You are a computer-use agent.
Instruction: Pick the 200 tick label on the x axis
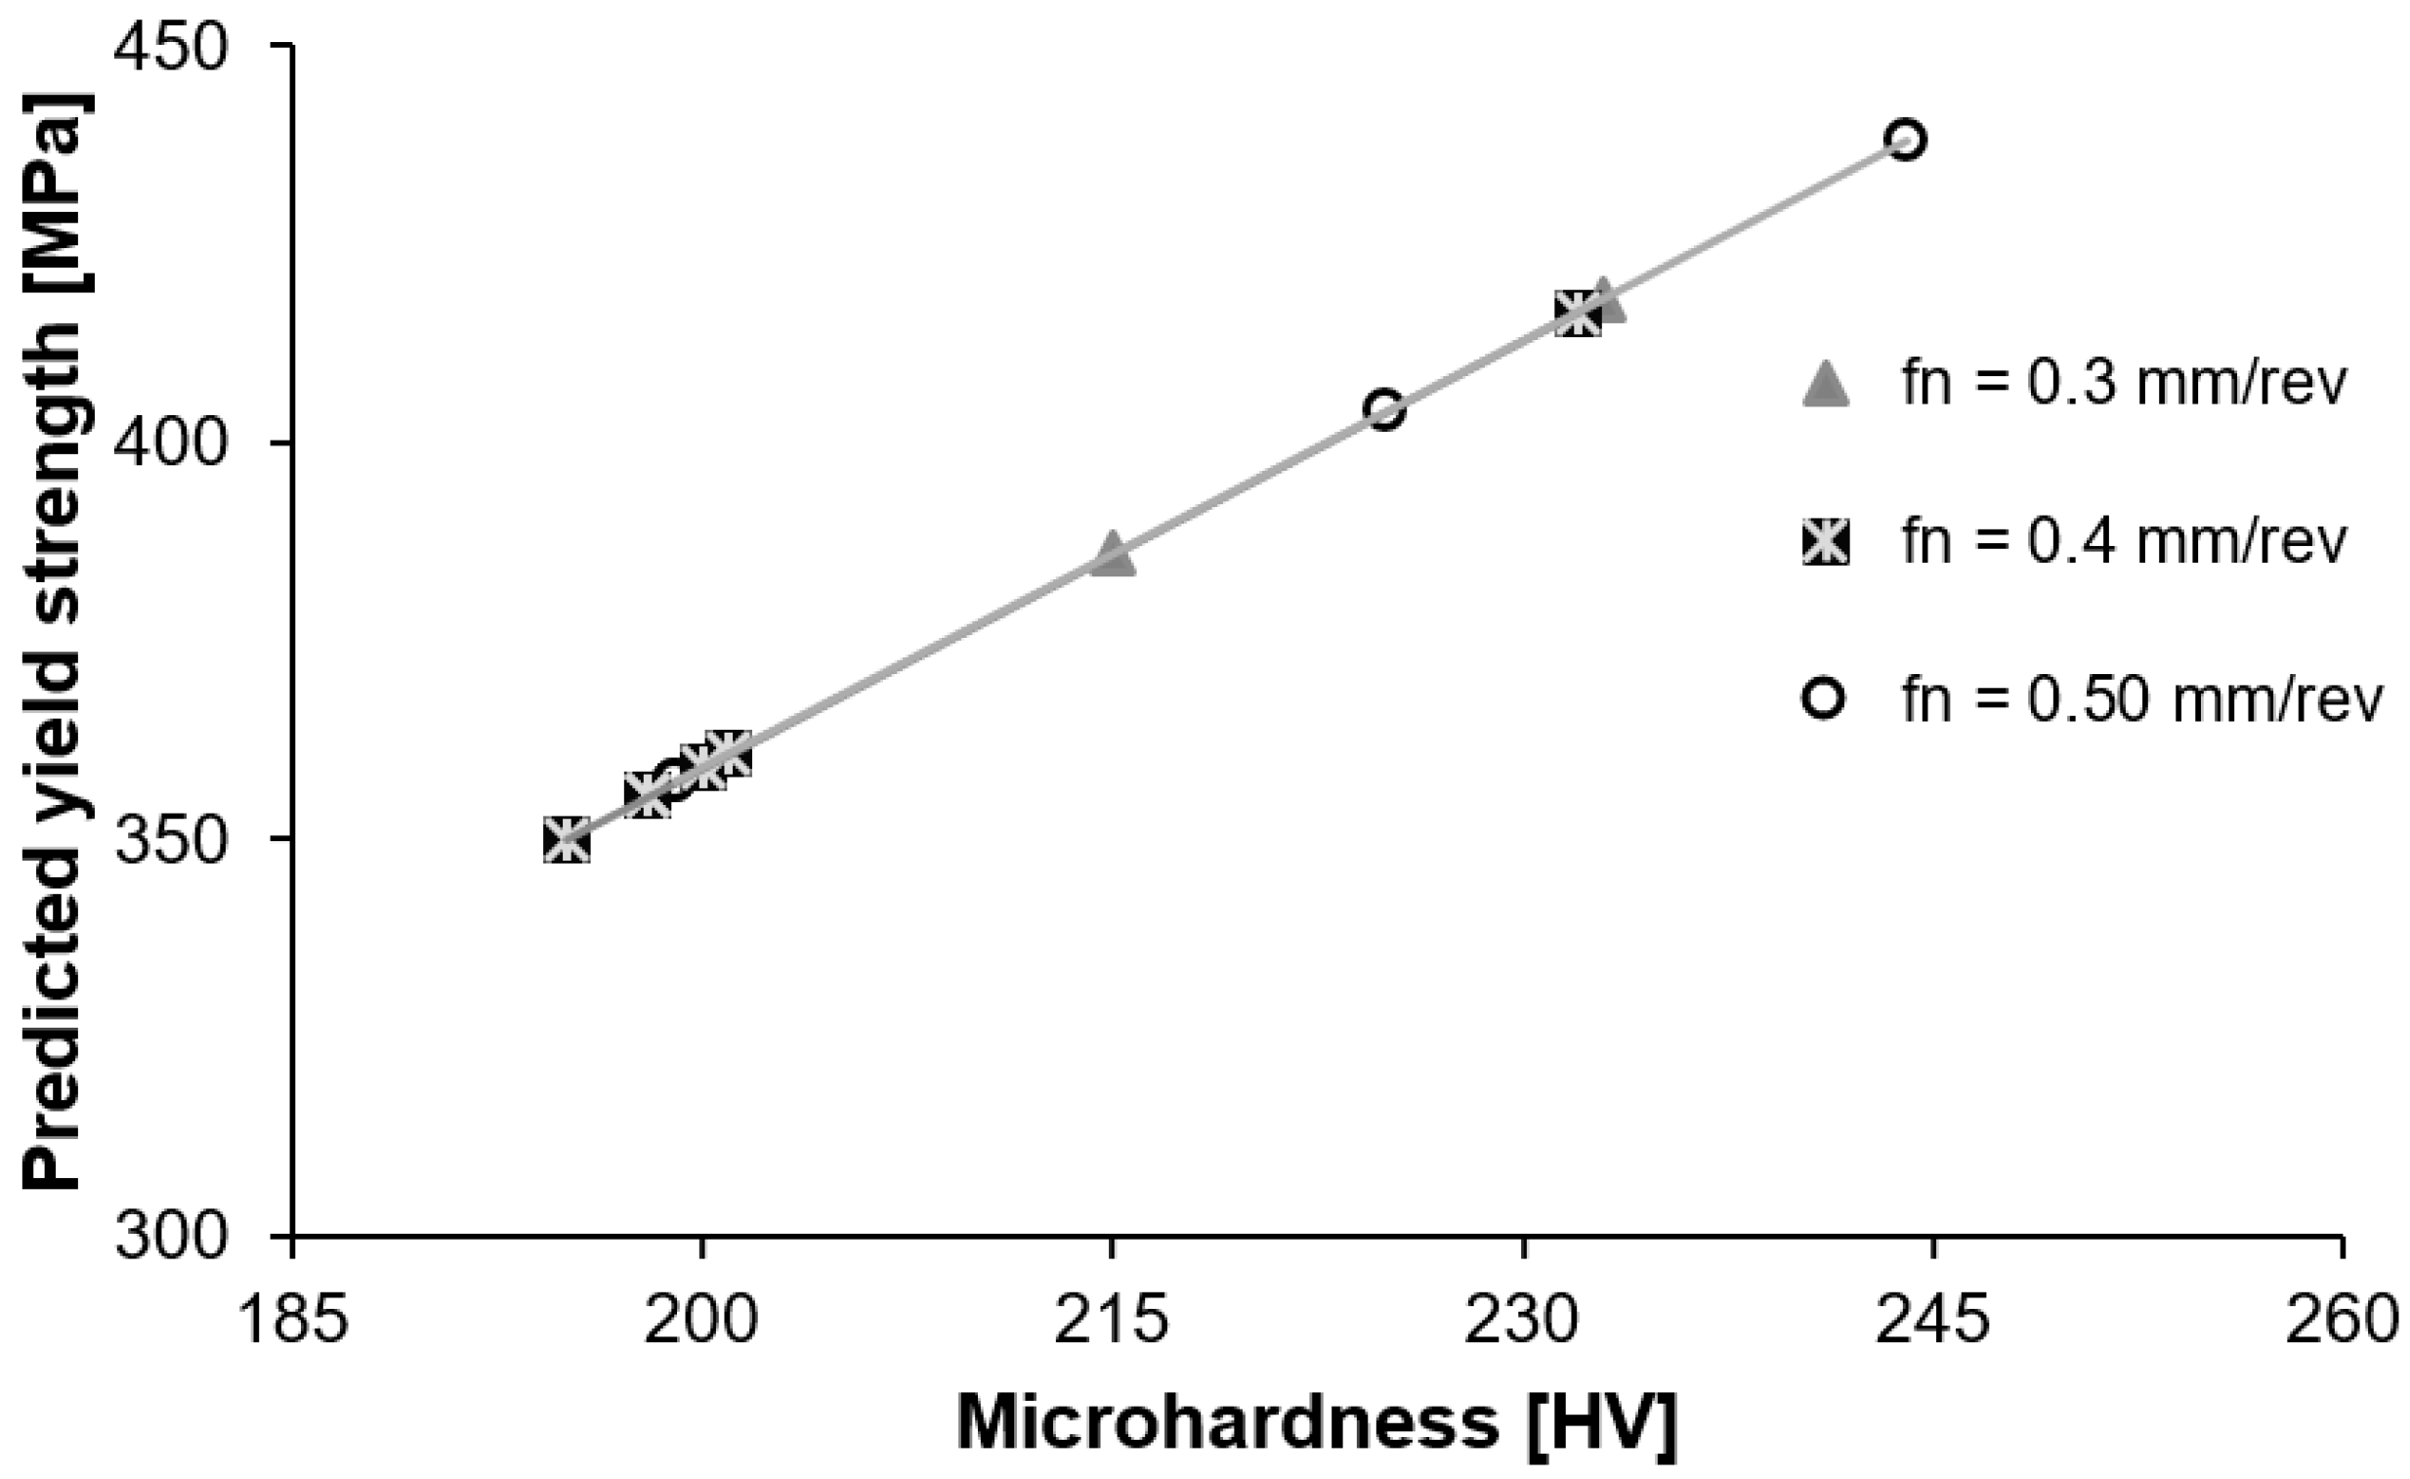click(701, 1319)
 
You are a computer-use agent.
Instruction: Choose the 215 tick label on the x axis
click(1111, 1319)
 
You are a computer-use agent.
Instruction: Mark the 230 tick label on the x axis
click(1522, 1319)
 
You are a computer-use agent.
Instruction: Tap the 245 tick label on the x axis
click(1931, 1319)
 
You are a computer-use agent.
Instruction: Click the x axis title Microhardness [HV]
click(1317, 1424)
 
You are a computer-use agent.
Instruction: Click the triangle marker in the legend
click(1825, 384)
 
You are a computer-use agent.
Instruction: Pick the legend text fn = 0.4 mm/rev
click(2124, 541)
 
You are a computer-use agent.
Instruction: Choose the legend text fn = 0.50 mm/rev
click(2141, 699)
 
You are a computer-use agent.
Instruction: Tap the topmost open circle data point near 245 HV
click(1906, 140)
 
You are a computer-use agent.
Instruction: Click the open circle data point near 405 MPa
click(1385, 410)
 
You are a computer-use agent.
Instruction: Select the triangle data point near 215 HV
click(1112, 555)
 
